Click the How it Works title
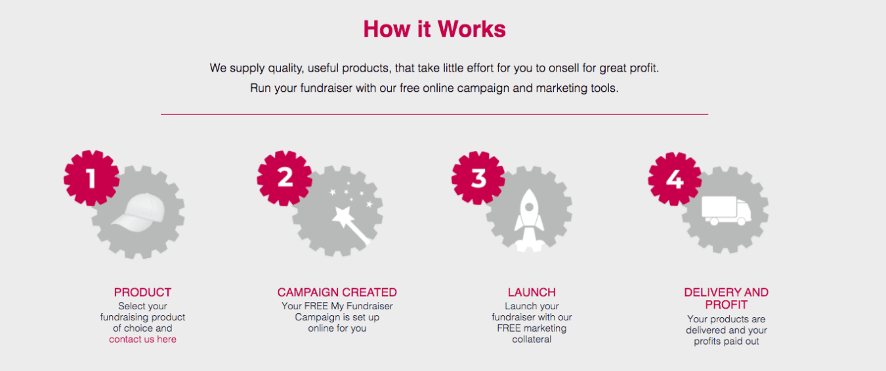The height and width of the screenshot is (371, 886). pos(434,29)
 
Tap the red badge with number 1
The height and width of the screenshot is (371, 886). pos(91,178)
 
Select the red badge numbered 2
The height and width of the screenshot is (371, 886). pos(285,178)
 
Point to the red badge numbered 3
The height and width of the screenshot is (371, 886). pos(478,178)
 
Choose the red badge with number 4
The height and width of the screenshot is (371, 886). pos(675,179)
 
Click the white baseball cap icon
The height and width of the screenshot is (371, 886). pos(138,212)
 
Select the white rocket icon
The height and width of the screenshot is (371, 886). pos(529,220)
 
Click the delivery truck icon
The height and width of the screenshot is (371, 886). pos(727,211)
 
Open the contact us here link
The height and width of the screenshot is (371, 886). pos(142,339)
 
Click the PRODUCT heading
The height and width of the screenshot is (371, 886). pos(142,292)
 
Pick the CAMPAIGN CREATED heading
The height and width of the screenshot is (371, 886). pos(337,292)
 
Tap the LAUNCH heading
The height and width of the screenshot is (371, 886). pos(532,292)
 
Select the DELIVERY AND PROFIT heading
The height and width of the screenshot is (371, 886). pos(727,299)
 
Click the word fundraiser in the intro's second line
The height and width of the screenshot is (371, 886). pos(326,88)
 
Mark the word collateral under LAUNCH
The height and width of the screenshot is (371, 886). pos(532,339)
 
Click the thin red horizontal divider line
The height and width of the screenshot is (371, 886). pos(434,114)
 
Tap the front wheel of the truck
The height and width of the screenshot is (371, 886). pos(742,221)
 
